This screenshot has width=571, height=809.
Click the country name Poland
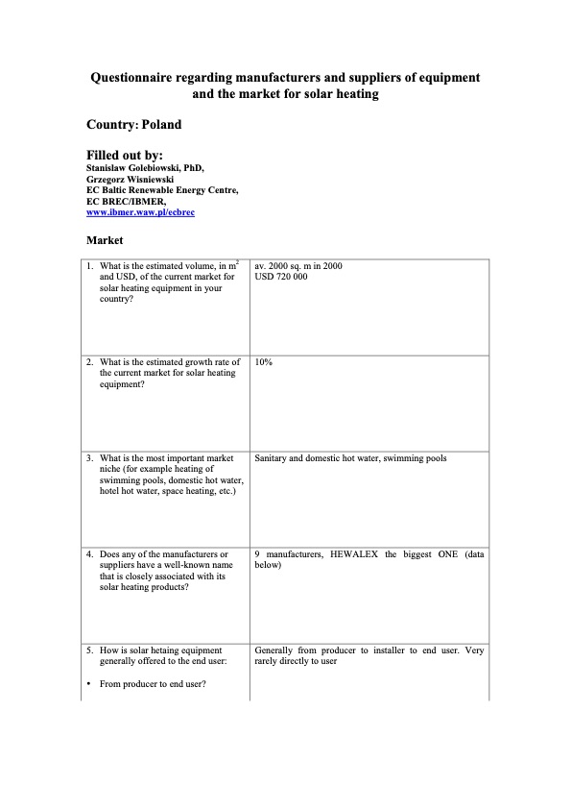coord(161,125)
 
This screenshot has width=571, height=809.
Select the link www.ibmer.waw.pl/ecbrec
coord(140,212)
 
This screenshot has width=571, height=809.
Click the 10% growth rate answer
coord(264,362)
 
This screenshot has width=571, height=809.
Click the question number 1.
coord(89,266)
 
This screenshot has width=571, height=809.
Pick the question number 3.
coord(89,458)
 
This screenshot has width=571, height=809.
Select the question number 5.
coord(89,650)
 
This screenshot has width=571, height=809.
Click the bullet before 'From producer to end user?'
coord(88,684)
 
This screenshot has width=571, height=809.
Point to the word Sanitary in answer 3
coord(272,458)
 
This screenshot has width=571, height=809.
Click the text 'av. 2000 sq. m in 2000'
coord(298,265)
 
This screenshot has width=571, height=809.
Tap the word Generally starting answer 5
coord(274,650)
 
